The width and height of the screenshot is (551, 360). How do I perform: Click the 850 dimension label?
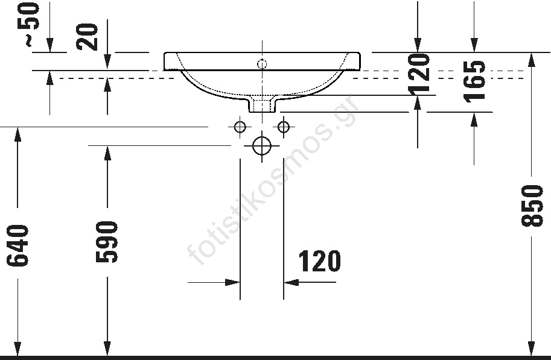532,206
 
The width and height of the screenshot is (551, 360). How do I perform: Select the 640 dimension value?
18,245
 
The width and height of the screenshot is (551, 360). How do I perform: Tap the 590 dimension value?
107,242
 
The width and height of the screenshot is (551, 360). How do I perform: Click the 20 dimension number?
87,37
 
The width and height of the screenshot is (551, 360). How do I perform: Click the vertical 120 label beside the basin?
419,74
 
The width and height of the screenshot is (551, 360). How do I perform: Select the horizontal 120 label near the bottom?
319,261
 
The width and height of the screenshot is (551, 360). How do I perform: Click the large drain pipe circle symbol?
262,145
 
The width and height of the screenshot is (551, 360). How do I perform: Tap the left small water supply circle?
240,127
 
